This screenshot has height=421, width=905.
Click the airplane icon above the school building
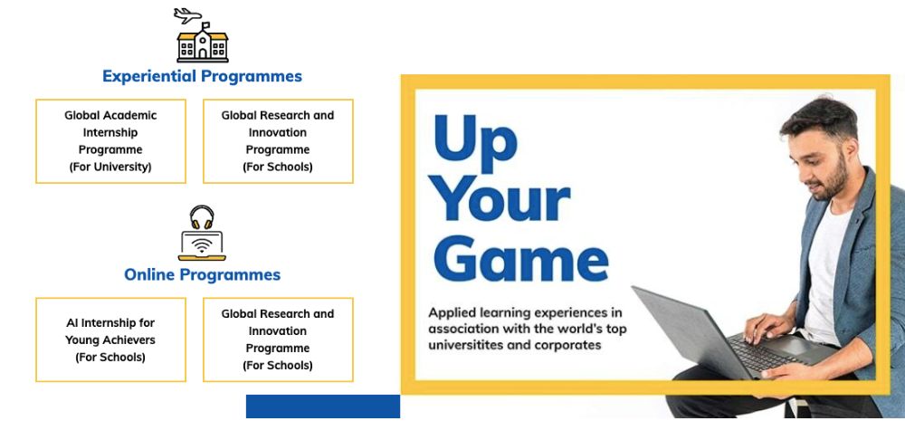(x=187, y=15)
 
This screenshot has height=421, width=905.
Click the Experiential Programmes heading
(x=202, y=76)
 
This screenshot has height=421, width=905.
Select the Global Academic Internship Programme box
(x=110, y=141)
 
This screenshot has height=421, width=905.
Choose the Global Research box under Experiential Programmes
(x=278, y=141)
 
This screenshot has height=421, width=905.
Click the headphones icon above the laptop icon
(x=202, y=217)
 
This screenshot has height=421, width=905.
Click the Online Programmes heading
(x=202, y=274)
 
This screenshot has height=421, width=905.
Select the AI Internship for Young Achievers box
(x=110, y=340)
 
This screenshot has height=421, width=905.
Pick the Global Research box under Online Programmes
(x=278, y=340)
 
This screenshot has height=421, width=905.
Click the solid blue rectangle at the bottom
(x=323, y=407)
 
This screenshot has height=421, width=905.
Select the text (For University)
(x=110, y=167)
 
